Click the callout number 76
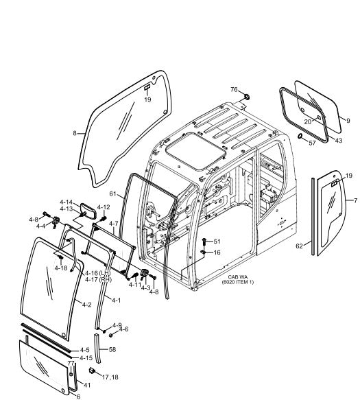(234, 90)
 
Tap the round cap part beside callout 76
(247, 97)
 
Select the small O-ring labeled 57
(300, 136)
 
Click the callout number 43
(338, 140)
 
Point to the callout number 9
(348, 121)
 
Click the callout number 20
(308, 122)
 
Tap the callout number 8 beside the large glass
(75, 133)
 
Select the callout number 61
(113, 194)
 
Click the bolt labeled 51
(204, 241)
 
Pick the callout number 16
(217, 252)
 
